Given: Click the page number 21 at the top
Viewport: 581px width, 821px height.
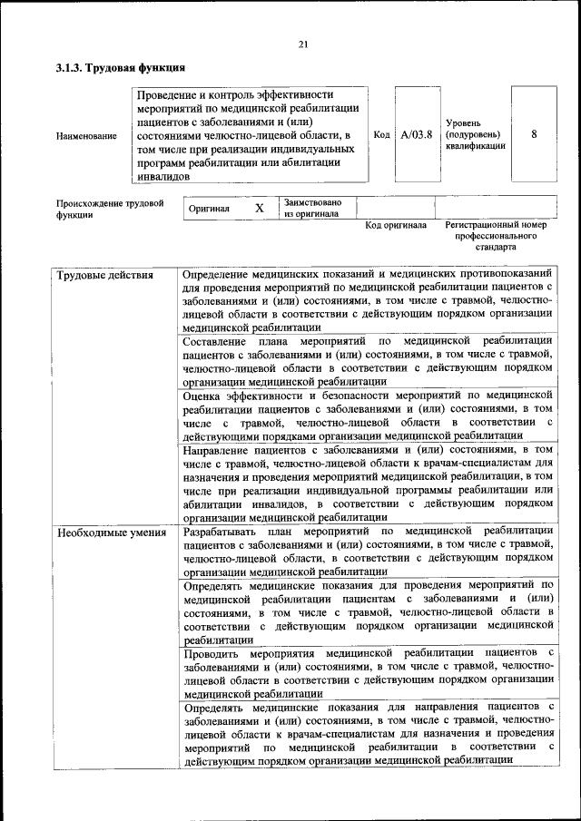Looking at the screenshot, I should [x=303, y=45].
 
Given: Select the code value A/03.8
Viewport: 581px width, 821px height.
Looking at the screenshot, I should [x=416, y=134].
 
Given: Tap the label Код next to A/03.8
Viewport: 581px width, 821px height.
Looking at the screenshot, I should [x=382, y=134].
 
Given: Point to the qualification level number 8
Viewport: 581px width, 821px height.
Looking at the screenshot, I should [x=534, y=134].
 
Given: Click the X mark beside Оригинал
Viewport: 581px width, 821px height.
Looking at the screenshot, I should [x=259, y=209].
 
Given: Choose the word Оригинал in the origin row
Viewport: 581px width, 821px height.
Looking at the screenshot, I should [x=209, y=209].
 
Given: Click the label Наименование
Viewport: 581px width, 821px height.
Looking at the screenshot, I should [x=86, y=136].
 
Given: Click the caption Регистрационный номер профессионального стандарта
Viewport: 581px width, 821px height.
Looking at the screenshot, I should [x=496, y=235].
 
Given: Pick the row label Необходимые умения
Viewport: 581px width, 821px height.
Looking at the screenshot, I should [x=112, y=532].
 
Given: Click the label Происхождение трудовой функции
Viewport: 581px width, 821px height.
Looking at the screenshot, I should [x=110, y=210].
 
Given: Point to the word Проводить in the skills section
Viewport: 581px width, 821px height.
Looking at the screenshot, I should [x=211, y=653].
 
